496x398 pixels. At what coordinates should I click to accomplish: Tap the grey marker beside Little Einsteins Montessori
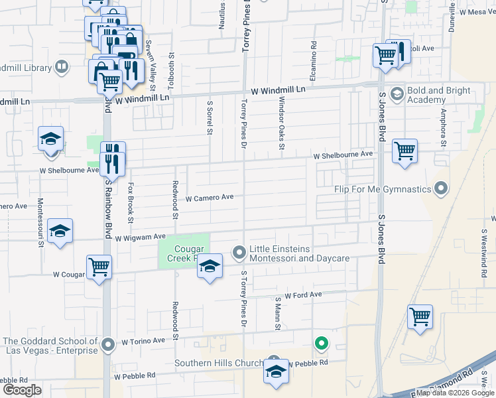coord(239,252)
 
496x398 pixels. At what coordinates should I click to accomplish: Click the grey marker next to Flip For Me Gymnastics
coord(441,190)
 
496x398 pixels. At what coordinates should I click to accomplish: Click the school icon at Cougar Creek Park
coord(210,267)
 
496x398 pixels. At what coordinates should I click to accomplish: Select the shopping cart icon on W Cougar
coord(99,267)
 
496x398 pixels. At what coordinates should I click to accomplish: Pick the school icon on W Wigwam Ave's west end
coord(60,232)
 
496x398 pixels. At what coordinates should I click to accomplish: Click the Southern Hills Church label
coord(219,363)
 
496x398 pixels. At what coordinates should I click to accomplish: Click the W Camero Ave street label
coord(210,198)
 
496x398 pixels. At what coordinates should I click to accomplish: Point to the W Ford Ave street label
coord(303,295)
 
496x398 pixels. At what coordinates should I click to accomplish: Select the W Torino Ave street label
coord(143,342)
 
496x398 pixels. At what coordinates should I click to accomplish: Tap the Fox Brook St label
coord(131,202)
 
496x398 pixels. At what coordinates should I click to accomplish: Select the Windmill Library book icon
coord(62,67)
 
